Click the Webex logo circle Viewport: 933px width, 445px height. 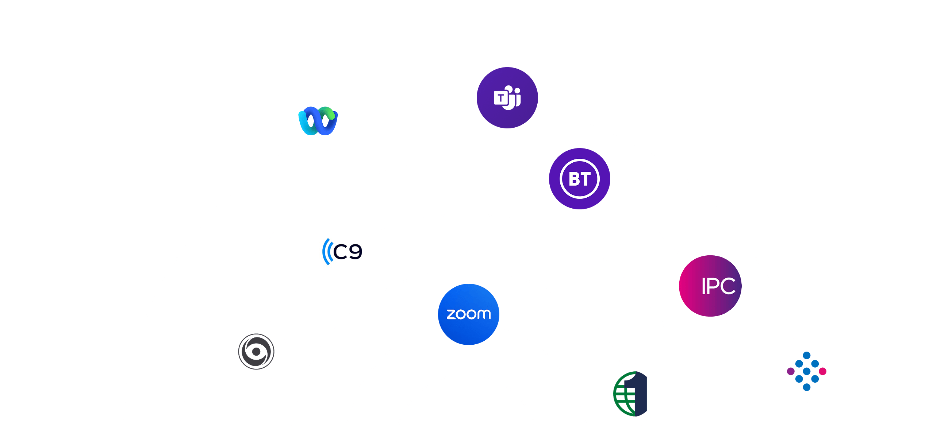point(318,121)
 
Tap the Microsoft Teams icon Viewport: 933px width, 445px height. point(507,98)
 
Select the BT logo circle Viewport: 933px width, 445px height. point(579,179)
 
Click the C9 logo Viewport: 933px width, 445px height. point(342,252)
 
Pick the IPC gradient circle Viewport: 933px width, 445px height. point(710,286)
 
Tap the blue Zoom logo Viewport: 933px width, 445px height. point(469,314)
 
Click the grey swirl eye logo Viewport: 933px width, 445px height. point(256,352)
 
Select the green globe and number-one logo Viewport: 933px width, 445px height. point(630,394)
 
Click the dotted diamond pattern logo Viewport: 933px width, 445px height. point(806,371)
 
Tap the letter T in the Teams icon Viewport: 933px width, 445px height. point(501,98)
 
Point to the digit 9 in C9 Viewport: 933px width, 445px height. point(355,252)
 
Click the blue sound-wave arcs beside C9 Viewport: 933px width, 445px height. point(327,252)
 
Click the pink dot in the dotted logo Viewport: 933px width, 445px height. point(822,371)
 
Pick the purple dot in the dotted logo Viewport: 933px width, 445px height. point(791,371)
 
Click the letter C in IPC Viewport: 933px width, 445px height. point(727,286)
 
